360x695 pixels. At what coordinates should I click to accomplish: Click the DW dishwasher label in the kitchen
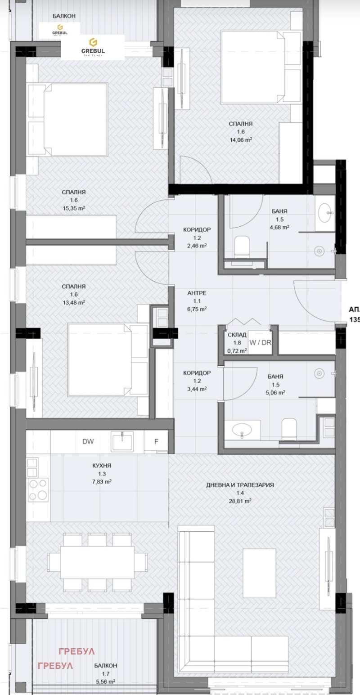88,441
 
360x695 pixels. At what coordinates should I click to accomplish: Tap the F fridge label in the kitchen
156,441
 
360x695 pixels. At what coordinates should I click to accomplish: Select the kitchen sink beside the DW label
122,441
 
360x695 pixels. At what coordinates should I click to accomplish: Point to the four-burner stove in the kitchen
38,489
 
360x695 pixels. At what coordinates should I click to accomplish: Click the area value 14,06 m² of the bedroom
240,140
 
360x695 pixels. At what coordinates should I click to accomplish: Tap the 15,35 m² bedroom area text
74,209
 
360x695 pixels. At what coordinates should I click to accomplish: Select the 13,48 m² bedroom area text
74,303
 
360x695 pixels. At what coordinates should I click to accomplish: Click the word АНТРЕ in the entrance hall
197,293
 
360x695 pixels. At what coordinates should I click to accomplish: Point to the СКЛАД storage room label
237,335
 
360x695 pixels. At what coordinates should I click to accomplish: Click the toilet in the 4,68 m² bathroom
242,246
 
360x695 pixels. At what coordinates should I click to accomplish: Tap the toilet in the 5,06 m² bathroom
289,429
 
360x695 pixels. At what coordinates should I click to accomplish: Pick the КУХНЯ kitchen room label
101,466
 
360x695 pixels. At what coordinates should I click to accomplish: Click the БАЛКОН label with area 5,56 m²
106,665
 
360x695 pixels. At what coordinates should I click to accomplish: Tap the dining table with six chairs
97,561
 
